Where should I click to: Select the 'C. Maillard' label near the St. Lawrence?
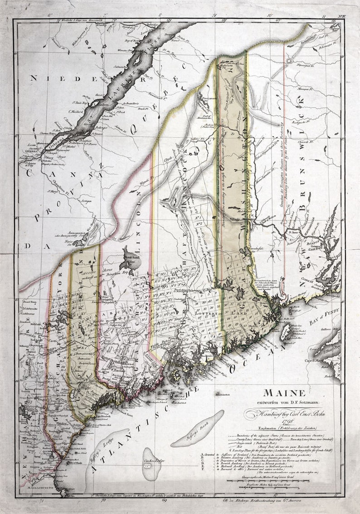[77, 111]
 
